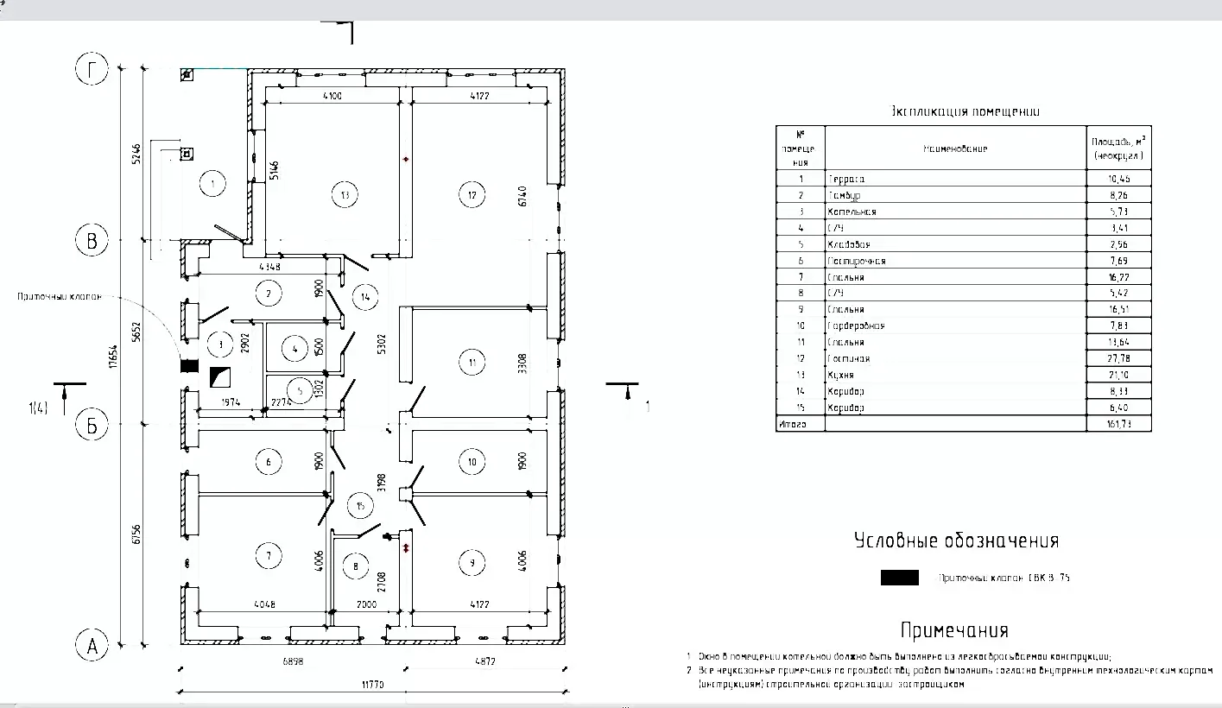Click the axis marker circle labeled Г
coord(92,71)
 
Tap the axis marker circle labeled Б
coord(92,424)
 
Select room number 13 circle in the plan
coord(345,195)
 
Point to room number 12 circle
coord(472,195)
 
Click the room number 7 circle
coord(269,555)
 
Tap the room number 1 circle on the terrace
coord(212,183)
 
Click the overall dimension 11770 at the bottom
coord(372,685)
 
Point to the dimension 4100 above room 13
coord(332,96)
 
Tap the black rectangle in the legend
coord(899,578)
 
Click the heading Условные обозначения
coord(956,541)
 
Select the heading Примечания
coord(953,630)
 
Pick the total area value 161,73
coord(1118,424)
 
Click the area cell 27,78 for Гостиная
coord(1118,358)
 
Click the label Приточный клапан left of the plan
coord(59,296)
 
